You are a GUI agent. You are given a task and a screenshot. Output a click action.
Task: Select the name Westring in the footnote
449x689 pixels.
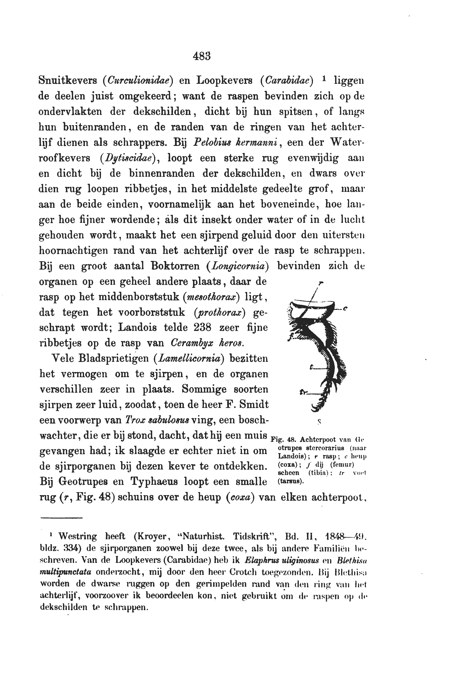(78, 536)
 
